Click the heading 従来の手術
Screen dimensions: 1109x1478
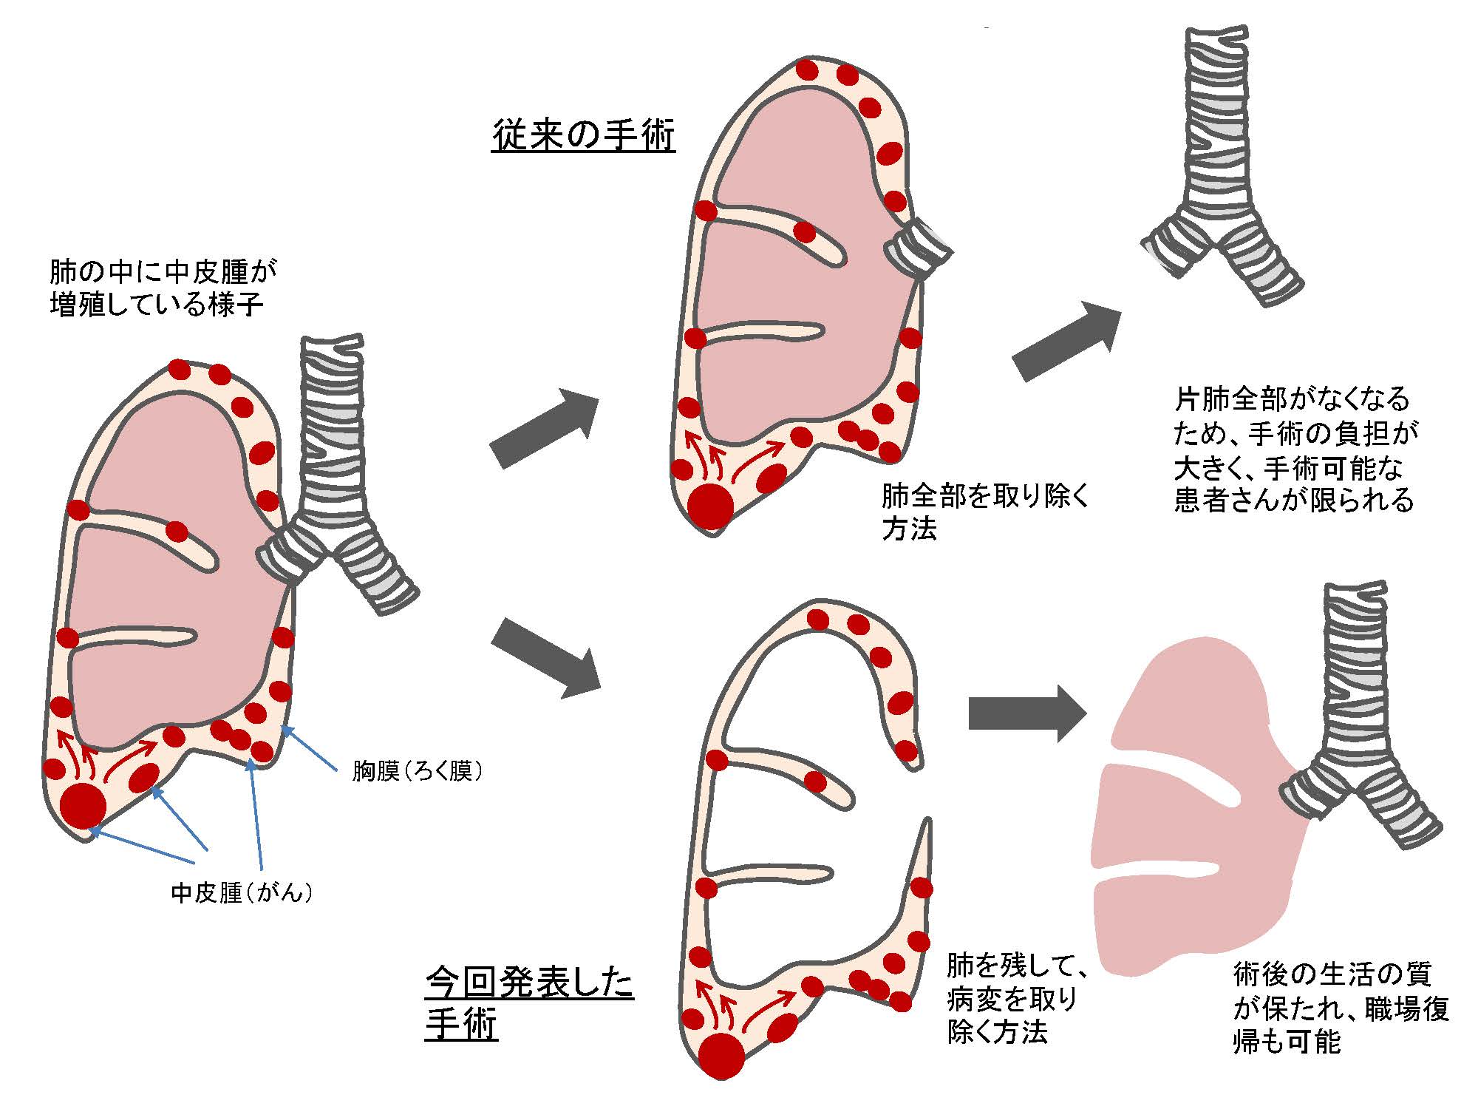tap(583, 136)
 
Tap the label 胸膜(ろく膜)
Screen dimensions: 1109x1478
tap(418, 772)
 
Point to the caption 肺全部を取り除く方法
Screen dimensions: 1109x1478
tap(985, 512)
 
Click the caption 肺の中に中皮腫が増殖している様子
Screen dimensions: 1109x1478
tap(163, 288)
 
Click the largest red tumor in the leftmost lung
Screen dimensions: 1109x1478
tap(83, 806)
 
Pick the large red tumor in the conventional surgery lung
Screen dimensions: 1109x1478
tap(711, 507)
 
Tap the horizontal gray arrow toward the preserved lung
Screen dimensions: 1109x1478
tap(1027, 713)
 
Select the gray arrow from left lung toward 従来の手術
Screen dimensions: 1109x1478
tap(544, 429)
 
